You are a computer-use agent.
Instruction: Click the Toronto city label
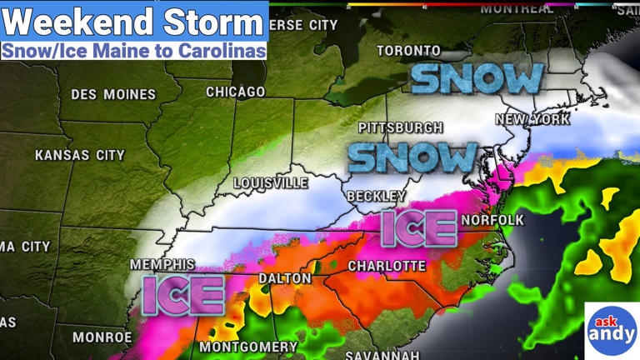pos(408,51)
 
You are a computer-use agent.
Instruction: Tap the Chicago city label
pos(236,92)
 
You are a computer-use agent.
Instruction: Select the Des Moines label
pos(113,94)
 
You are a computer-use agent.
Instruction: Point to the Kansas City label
pos(79,155)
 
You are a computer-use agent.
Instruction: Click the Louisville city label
pos(270,182)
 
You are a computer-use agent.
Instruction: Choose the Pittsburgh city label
pos(400,127)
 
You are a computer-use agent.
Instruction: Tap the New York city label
pos(532,119)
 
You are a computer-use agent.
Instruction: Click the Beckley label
pos(377,196)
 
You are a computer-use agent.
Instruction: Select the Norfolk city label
pos(492,220)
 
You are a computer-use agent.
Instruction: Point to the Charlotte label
pos(387,266)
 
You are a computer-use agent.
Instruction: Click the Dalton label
pos(285,278)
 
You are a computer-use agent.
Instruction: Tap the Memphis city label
pos(162,264)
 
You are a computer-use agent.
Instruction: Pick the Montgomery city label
pos(247,347)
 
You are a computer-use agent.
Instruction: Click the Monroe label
pos(102,337)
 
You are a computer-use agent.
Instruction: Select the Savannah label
pos(382,356)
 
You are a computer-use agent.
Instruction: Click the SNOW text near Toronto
pos(477,79)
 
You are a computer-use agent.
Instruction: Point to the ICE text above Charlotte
pos(418,228)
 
